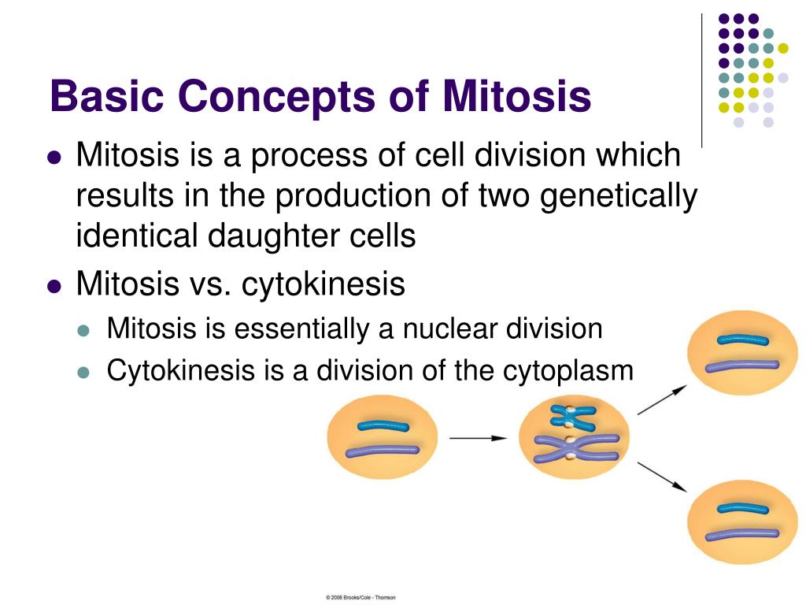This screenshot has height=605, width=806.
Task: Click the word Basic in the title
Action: point(107,95)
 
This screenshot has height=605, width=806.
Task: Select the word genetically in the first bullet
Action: point(619,197)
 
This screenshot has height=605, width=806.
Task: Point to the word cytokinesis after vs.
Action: point(324,284)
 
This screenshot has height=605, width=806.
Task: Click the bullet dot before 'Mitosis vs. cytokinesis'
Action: point(54,285)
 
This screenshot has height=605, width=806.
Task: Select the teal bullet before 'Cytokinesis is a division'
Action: point(83,372)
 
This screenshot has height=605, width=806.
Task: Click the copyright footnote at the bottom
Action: point(360,597)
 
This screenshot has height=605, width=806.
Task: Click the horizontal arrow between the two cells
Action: point(478,438)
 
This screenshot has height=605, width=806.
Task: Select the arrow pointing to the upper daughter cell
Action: point(662,399)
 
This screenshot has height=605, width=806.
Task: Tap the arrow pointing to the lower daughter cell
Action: point(662,477)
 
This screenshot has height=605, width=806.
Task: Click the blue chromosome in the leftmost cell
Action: point(383,426)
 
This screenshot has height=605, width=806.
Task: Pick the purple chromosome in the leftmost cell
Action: point(382,451)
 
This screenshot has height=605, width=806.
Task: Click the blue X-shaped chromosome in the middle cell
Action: point(572,417)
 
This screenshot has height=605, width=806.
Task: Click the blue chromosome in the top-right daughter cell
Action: point(742,340)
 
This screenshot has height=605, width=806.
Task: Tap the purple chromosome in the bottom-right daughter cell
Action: point(741,535)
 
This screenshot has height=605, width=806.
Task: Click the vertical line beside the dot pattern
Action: point(701,81)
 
